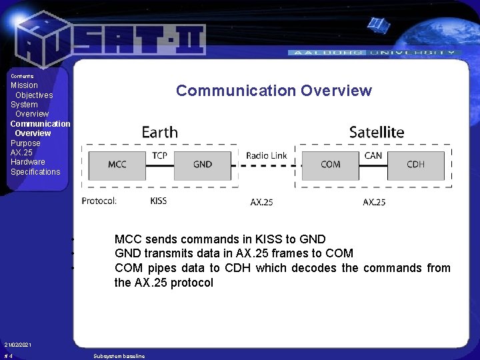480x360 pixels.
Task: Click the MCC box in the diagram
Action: coord(117,165)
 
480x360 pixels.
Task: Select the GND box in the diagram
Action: coord(203,165)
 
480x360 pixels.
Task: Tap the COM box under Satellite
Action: coord(330,165)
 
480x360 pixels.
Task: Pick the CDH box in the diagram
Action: coord(415,165)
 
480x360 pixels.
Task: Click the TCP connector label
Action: coord(160,155)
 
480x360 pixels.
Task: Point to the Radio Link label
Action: coord(266,155)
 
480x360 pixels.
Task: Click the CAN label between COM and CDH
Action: coord(373,155)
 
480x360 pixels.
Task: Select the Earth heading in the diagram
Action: coord(159,132)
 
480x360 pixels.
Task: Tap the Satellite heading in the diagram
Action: coord(376,132)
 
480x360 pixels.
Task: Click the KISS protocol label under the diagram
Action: coord(159,201)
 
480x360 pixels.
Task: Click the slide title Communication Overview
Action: coord(273,91)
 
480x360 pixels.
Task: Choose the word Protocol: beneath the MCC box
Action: coord(99,201)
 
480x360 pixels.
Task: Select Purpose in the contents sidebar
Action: coord(25,143)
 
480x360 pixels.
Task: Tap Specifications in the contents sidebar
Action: coord(35,172)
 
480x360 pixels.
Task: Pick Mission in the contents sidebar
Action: coord(25,85)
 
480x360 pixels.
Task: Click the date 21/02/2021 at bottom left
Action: coord(18,345)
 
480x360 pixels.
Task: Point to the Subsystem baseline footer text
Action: coord(119,357)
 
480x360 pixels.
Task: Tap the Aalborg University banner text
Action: coord(373,52)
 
